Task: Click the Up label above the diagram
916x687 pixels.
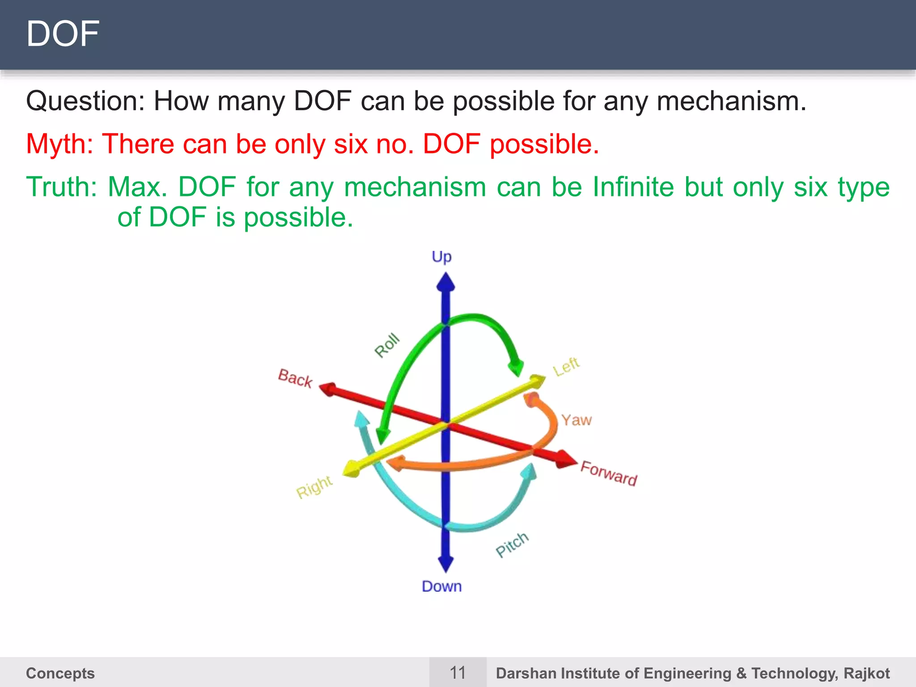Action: click(441, 257)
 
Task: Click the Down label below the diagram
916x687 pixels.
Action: click(441, 586)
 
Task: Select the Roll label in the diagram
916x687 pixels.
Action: click(387, 345)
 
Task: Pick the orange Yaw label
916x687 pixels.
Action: click(577, 420)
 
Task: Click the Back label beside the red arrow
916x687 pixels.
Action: click(295, 378)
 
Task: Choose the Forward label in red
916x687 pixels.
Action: click(609, 473)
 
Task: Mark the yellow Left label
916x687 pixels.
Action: click(566, 366)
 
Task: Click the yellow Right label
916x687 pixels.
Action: click(314, 487)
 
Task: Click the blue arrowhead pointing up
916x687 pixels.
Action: click(445, 283)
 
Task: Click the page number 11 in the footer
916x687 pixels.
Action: click(458, 673)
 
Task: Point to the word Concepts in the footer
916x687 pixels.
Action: click(60, 673)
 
